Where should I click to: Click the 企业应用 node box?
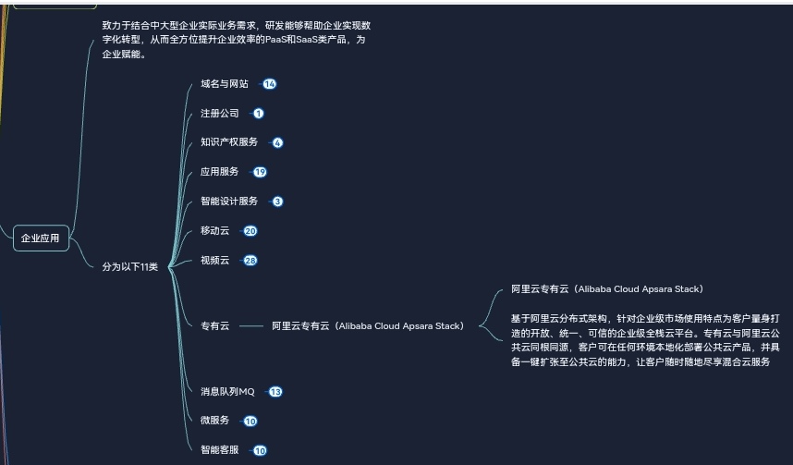41,239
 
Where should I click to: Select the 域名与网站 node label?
225,84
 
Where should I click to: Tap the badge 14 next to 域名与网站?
269,84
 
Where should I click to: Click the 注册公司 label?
220,114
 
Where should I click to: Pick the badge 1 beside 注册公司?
259,114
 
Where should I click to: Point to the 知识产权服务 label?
229,142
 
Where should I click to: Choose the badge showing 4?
277,143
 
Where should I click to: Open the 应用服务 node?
220,172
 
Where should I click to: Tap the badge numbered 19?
260,172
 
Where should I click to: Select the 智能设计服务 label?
229,202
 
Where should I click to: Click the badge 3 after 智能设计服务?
277,202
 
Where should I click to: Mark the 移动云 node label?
214,231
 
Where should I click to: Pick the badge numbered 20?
250,231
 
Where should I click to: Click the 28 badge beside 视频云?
250,261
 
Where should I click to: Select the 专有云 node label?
214,326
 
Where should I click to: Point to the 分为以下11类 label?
130,267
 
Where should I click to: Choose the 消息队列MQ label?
227,392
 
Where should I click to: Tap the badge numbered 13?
275,392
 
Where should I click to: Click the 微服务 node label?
214,421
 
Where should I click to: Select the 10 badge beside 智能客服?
260,451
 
